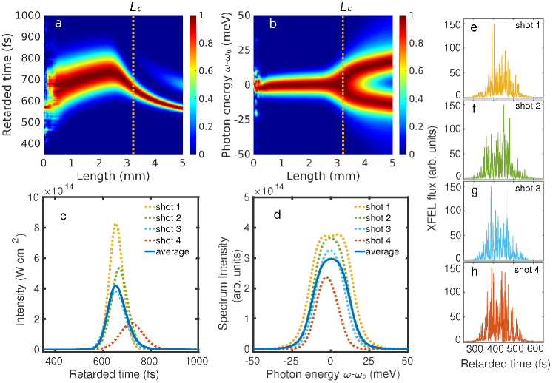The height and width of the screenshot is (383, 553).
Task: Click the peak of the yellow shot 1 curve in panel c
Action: tap(116, 224)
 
